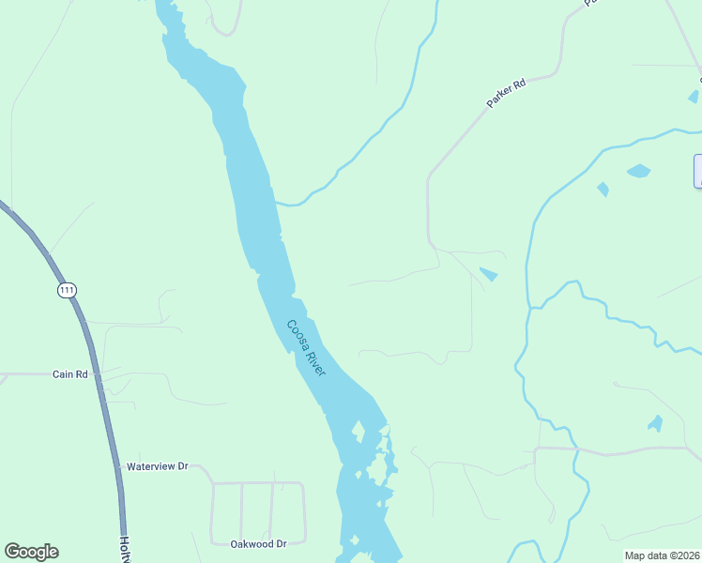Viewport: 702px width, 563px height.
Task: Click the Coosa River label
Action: [x=306, y=348]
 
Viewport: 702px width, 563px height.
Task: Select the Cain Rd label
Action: [x=69, y=374]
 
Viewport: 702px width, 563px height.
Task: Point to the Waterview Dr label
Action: [x=158, y=466]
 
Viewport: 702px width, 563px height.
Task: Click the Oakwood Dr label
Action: [x=258, y=543]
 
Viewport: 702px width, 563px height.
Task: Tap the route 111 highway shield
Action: [x=66, y=290]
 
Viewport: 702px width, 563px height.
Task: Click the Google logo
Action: [x=31, y=552]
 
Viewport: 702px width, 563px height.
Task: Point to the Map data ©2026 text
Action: [x=663, y=555]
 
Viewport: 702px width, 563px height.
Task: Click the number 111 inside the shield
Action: [x=66, y=290]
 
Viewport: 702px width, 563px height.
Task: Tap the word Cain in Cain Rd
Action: [x=63, y=374]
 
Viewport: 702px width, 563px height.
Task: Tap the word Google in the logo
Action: [x=31, y=552]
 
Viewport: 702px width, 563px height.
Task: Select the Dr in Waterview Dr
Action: [x=183, y=466]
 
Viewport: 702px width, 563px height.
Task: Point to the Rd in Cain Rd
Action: [x=82, y=374]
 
